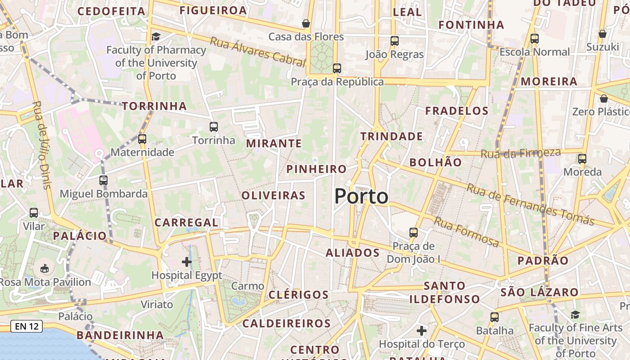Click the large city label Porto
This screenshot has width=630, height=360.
click(361, 197)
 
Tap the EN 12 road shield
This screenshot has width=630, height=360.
click(27, 326)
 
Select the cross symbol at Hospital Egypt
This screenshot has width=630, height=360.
click(187, 261)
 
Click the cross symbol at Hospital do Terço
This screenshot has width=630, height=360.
click(422, 331)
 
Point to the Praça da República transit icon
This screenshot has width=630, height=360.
click(337, 68)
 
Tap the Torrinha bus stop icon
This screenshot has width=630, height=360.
click(214, 127)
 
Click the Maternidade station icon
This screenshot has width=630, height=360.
click(142, 139)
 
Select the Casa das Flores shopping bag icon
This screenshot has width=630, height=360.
click(306, 23)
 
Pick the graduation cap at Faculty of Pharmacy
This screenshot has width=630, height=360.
click(156, 36)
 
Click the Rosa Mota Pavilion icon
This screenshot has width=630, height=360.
click(45, 269)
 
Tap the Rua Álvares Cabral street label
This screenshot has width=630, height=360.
click(257, 51)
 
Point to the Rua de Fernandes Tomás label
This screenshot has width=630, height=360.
click(530, 204)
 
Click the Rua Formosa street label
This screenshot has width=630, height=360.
click(467, 232)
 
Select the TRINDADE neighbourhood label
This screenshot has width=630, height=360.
click(391, 136)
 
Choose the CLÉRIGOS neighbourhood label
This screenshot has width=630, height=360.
click(299, 295)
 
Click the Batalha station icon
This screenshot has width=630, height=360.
click(495, 317)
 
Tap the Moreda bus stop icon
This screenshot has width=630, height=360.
click(582, 158)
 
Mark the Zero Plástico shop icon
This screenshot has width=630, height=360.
click(603, 98)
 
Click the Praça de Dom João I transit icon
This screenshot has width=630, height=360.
click(414, 233)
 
